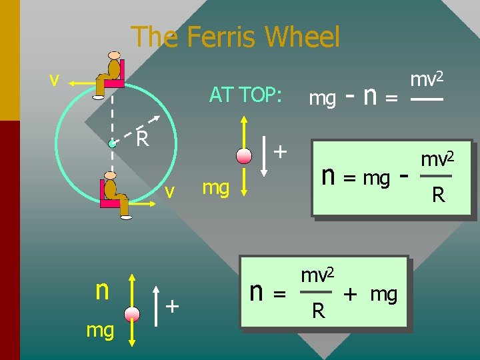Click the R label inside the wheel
pos(142,139)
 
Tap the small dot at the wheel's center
pos(113,143)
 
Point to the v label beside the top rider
pos(55,79)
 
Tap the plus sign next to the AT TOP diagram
pos(281,151)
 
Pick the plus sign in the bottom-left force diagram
pos(173,305)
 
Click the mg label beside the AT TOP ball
pos(215,187)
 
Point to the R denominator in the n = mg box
pos(438,195)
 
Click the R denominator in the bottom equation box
pos(319,311)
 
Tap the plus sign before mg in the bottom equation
pos(351,293)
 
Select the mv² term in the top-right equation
pos(427,80)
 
